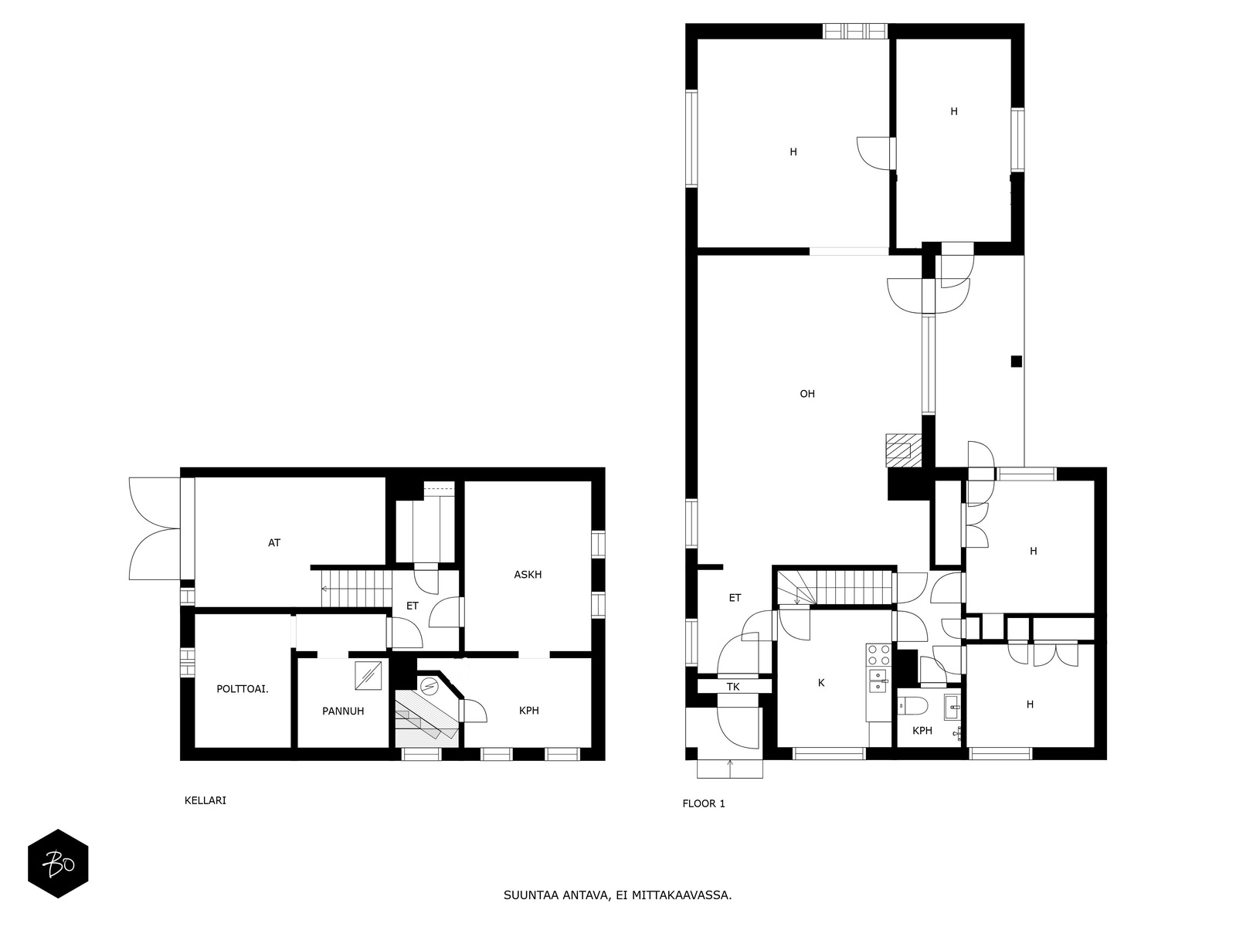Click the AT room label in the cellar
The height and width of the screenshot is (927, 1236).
coord(273,543)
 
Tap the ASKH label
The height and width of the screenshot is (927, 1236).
coord(528,575)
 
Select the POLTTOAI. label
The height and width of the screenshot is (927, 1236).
coord(242,689)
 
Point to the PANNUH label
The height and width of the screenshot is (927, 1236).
coord(343,711)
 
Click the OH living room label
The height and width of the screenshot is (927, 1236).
coord(807,394)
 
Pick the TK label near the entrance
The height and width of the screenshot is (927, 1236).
coord(732,688)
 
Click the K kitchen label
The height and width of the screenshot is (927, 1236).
coord(821,684)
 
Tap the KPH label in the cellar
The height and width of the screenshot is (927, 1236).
coord(528,711)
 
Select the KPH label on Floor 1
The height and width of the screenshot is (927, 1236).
coord(922,731)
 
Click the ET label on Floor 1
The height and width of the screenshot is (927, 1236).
coord(735,598)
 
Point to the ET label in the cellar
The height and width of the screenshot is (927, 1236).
coord(413,606)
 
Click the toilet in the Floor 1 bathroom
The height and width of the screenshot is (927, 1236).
coord(912,705)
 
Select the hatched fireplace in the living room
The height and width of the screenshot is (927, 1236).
coord(903,450)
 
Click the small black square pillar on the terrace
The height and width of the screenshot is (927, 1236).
coord(1016,362)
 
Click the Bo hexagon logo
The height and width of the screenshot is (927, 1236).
coord(58,864)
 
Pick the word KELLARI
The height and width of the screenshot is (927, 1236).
coord(205,800)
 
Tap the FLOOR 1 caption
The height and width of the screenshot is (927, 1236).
coord(703,803)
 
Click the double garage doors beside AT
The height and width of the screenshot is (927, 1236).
coord(154,528)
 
